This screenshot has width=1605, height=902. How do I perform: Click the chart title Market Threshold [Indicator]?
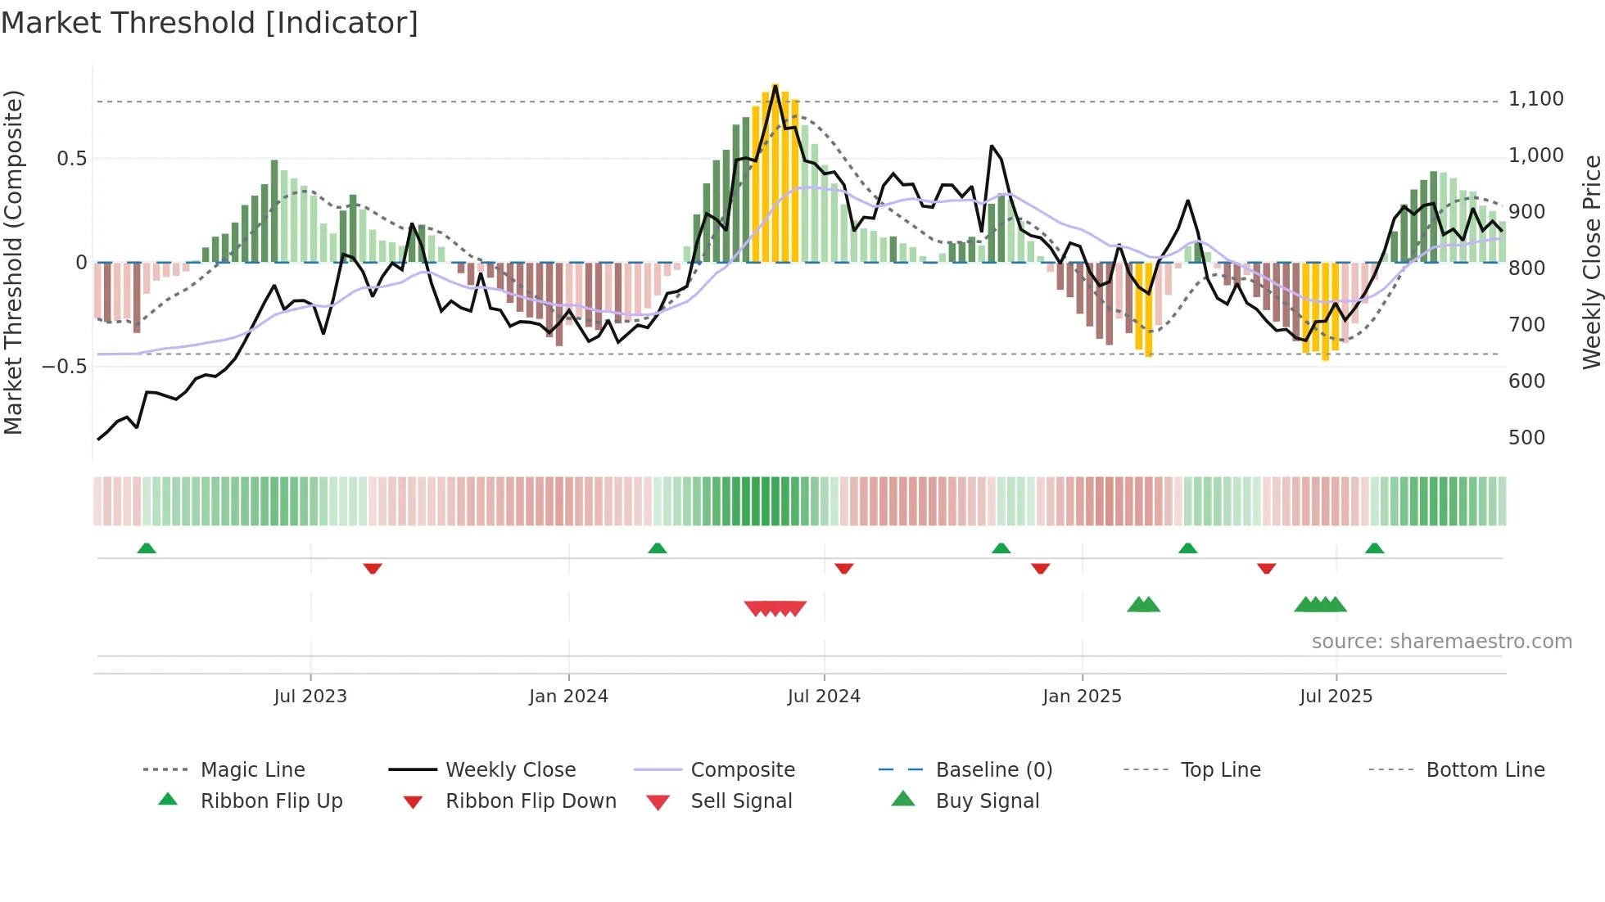pos(210,23)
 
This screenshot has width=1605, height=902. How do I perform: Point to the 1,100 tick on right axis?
pos(1535,99)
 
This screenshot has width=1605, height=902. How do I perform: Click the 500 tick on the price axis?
pos(1526,438)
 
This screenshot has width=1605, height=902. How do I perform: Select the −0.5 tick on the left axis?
pos(64,366)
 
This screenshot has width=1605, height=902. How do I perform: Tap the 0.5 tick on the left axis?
pos(71,158)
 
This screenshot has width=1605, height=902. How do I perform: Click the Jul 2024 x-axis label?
pos(824,697)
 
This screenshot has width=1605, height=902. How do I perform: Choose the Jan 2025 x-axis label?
pos(1082,697)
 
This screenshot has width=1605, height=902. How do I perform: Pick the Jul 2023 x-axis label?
pos(310,697)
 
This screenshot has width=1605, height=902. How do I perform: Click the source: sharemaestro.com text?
pos(1441,642)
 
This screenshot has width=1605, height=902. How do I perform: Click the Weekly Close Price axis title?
pos(1591,262)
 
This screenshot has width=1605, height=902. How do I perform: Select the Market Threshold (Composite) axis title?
pos(13,262)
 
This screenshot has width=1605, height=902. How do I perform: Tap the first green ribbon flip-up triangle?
pos(147,548)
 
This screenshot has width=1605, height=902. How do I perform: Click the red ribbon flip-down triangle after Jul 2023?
pos(373,568)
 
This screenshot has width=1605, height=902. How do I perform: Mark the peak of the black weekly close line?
pos(775,85)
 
